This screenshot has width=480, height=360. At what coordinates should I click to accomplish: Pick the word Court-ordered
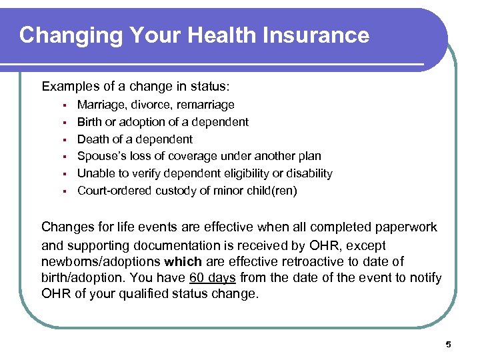[115, 191]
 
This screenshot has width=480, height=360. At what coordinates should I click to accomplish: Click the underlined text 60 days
[213, 277]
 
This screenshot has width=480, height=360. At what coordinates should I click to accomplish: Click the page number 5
[448, 344]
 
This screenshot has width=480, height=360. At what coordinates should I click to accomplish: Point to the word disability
[307, 174]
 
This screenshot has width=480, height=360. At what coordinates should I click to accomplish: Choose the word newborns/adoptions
[100, 261]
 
